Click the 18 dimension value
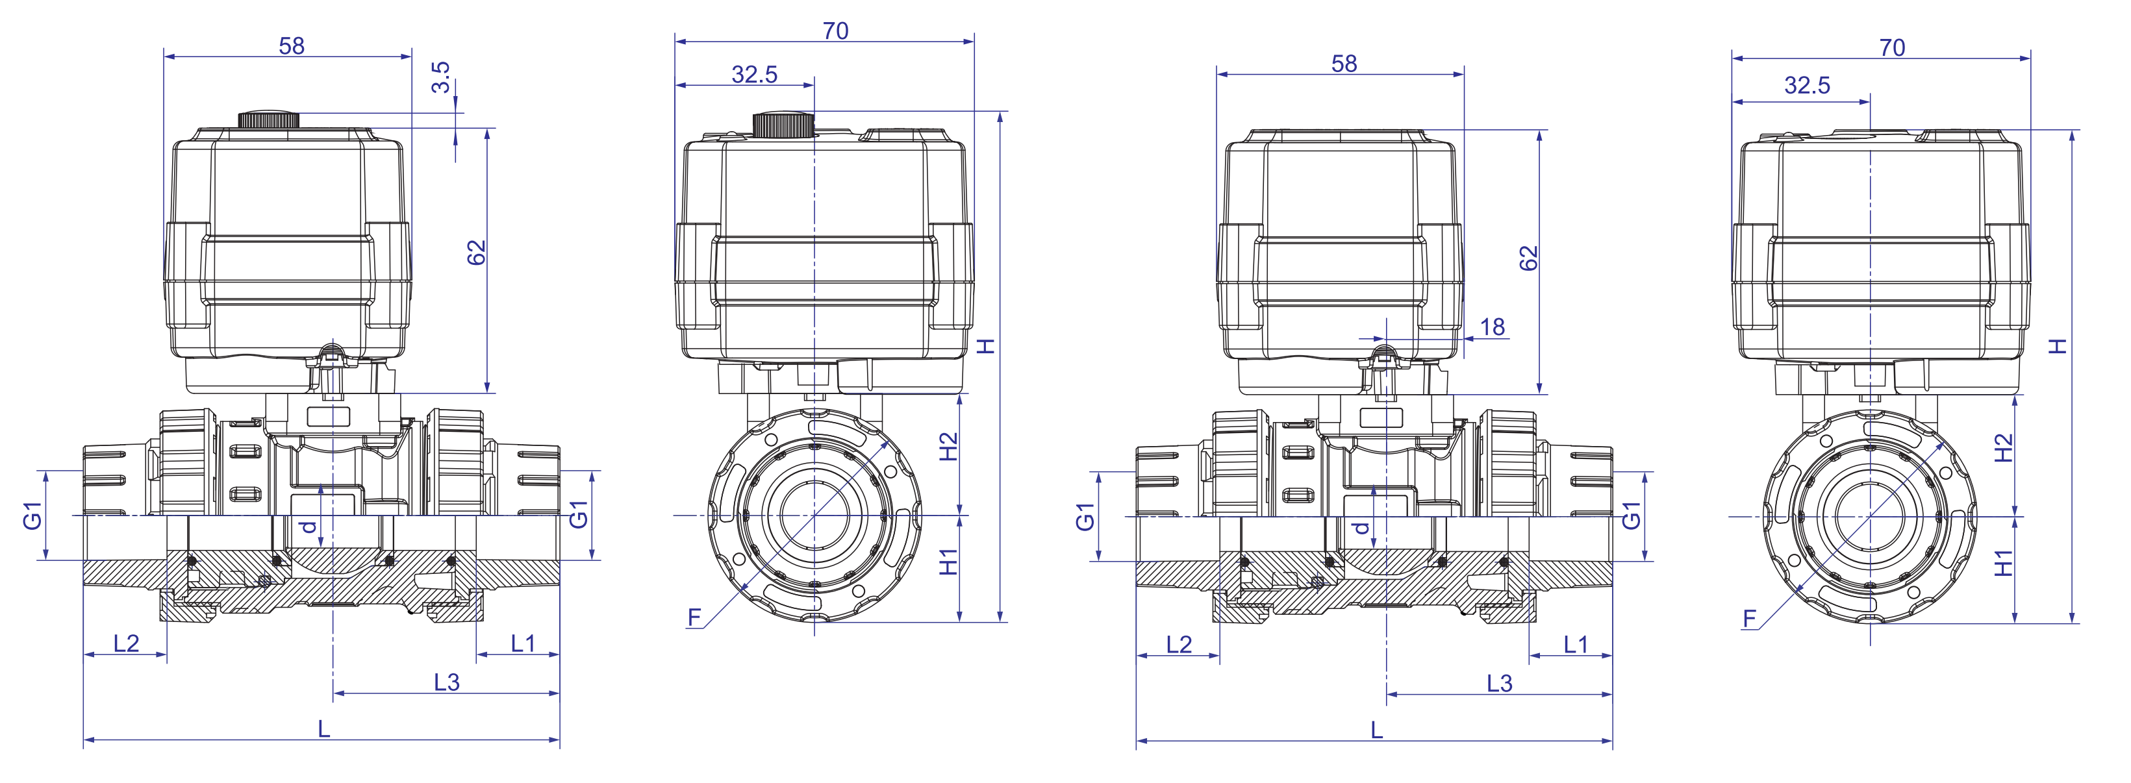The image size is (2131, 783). [x=1493, y=327]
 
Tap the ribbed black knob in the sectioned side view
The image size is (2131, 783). [x=269, y=120]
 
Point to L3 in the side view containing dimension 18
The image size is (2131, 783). [x=1500, y=683]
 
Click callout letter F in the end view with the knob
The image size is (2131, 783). [x=694, y=617]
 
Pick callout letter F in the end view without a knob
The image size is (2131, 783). [x=1749, y=619]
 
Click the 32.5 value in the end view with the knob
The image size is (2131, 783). [x=755, y=75]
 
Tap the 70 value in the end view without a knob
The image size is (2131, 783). [x=1892, y=48]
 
